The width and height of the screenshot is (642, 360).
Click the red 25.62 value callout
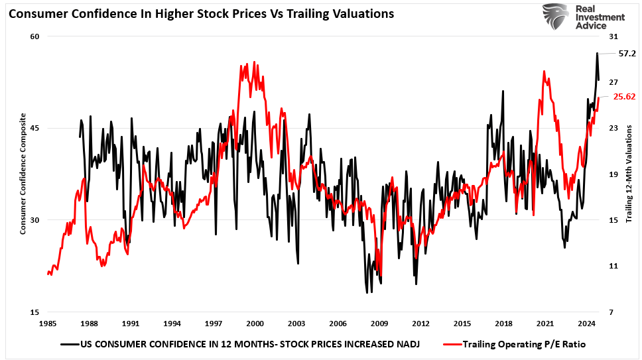[624, 96]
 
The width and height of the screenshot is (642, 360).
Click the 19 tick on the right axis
[612, 174]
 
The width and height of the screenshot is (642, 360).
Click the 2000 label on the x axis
[255, 324]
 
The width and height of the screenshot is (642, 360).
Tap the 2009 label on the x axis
[379, 324]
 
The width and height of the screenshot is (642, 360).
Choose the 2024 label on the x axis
[586, 324]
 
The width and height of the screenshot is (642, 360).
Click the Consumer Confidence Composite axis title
[23, 174]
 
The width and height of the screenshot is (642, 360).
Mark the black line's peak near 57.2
[597, 53]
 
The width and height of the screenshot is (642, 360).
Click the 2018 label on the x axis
[503, 324]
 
